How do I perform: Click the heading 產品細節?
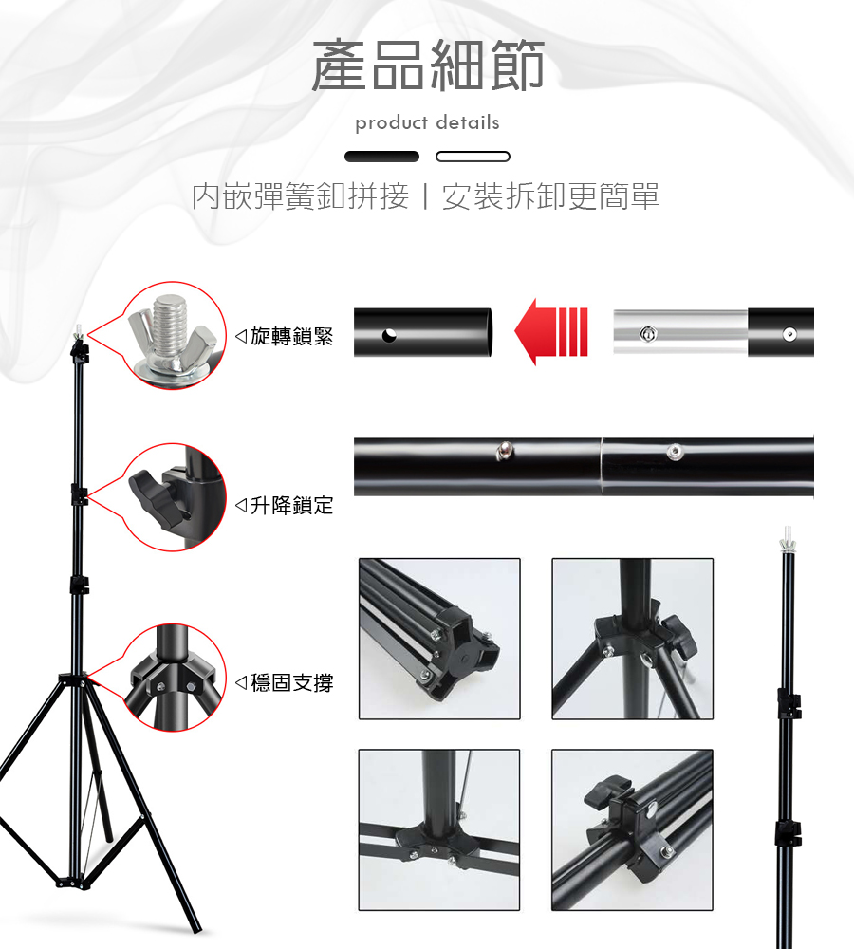pos(428,65)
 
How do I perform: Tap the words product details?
pos(427,122)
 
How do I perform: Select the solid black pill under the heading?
pos(381,157)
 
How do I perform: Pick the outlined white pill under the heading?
pos(473,157)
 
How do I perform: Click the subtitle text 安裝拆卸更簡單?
pos(550,196)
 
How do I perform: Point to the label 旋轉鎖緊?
pos(291,336)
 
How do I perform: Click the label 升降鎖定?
pos(291,505)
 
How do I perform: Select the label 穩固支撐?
pos(291,682)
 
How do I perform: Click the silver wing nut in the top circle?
pos(173,335)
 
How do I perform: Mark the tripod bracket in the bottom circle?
pos(174,678)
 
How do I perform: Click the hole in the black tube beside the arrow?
pos(389,334)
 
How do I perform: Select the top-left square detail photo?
pos(439,639)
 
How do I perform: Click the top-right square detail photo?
pos(632,639)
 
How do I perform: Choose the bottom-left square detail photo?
pos(439,829)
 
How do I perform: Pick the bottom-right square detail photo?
pos(632,829)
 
